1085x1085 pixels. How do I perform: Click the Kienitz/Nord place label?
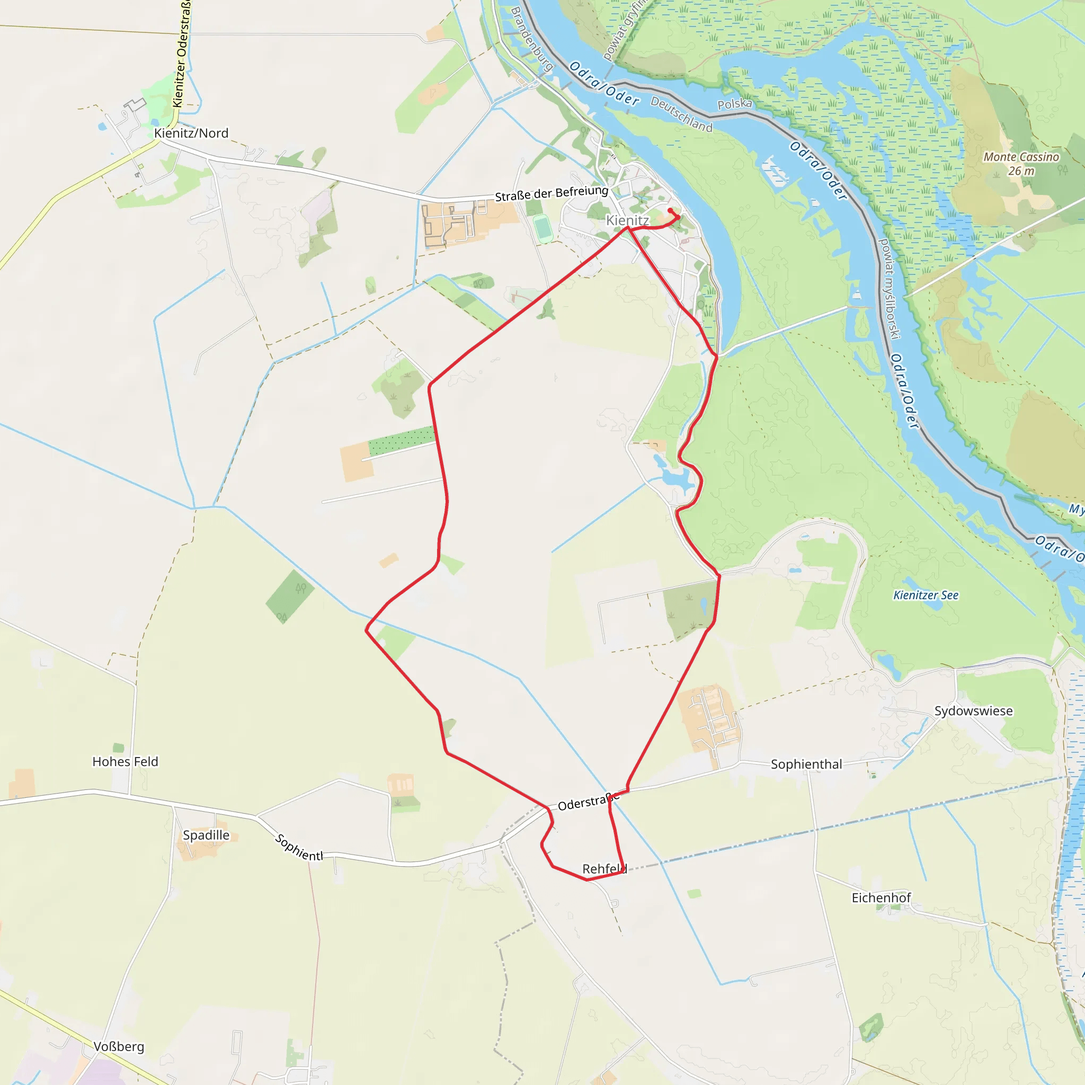point(191,133)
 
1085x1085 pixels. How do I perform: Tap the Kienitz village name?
point(627,220)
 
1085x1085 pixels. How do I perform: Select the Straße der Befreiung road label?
point(551,193)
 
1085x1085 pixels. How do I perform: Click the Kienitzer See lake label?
point(926,595)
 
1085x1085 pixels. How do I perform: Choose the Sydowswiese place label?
point(973,711)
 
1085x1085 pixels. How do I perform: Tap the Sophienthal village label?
point(806,764)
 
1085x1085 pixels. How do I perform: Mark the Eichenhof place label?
point(881,898)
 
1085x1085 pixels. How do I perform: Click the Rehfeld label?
point(604,869)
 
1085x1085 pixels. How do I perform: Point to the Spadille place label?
point(206,835)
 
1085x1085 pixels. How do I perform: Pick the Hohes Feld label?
point(125,761)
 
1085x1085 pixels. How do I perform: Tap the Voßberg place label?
point(119,1047)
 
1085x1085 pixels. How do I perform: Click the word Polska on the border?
point(735,104)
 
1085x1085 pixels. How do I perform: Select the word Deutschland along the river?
point(681,114)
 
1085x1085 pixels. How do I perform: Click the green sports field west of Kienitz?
point(543,228)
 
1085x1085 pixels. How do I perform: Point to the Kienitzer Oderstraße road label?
point(181,54)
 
